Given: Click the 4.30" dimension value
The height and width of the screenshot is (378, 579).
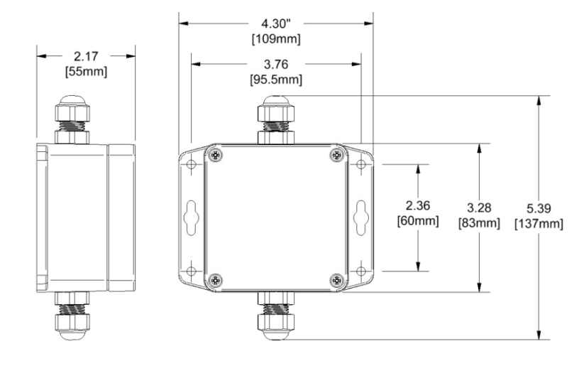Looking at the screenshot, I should [x=276, y=23].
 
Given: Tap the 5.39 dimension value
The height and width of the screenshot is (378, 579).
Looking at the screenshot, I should [x=538, y=211].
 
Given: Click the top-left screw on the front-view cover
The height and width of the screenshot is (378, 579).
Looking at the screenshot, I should [x=215, y=154].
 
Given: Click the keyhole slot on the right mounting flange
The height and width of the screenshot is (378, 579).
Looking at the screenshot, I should [x=360, y=216].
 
